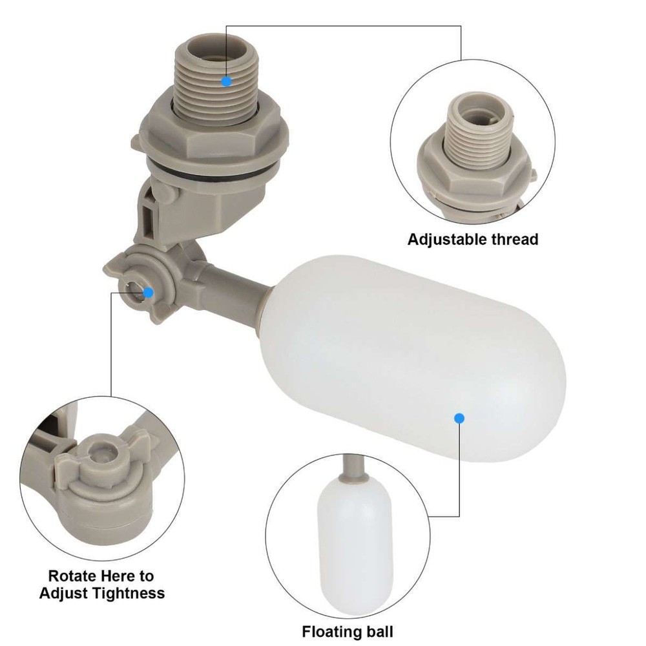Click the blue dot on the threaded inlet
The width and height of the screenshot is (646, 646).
pos(226,81)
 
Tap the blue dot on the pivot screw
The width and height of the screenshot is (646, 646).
pos(148,292)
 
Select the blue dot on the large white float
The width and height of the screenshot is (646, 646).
pos(459,419)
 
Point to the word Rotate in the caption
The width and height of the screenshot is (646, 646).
pos(76,576)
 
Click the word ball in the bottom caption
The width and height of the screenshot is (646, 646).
pos(380,631)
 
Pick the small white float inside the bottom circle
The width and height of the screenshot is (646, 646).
pos(355,543)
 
